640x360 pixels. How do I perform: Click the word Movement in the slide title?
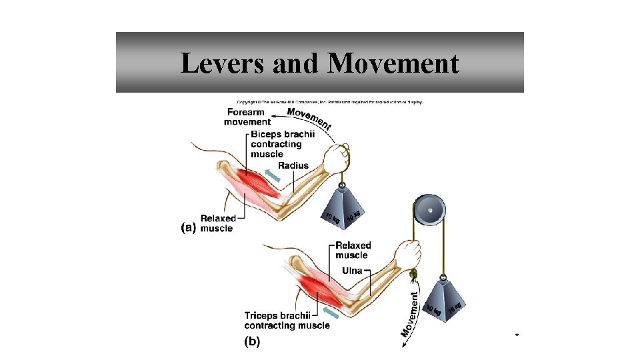click(x=393, y=64)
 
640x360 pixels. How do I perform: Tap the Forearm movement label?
click(x=247, y=117)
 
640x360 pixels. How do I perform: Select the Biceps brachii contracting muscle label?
click(x=276, y=144)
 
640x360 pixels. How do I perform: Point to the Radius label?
click(x=293, y=165)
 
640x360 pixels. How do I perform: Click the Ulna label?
click(x=352, y=271)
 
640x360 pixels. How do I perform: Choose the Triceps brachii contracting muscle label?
click(x=287, y=321)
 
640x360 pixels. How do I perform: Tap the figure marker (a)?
click(x=189, y=227)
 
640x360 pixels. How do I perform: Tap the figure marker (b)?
click(x=253, y=342)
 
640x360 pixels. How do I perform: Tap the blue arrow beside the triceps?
click(x=330, y=313)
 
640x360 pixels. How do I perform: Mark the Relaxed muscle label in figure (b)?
click(x=353, y=250)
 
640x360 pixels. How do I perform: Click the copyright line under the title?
click(x=325, y=102)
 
